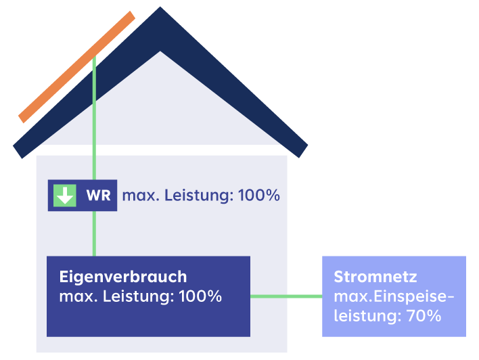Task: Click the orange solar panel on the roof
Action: (x=76, y=67)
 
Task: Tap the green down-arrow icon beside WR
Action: (x=65, y=196)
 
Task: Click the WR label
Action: (x=98, y=196)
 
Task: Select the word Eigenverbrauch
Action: (x=123, y=277)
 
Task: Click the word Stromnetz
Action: (x=375, y=277)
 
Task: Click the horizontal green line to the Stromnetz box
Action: (x=286, y=296)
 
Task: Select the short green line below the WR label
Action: (x=94, y=233)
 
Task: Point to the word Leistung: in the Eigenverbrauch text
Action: (x=139, y=296)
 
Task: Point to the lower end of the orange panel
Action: (x=23, y=118)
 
